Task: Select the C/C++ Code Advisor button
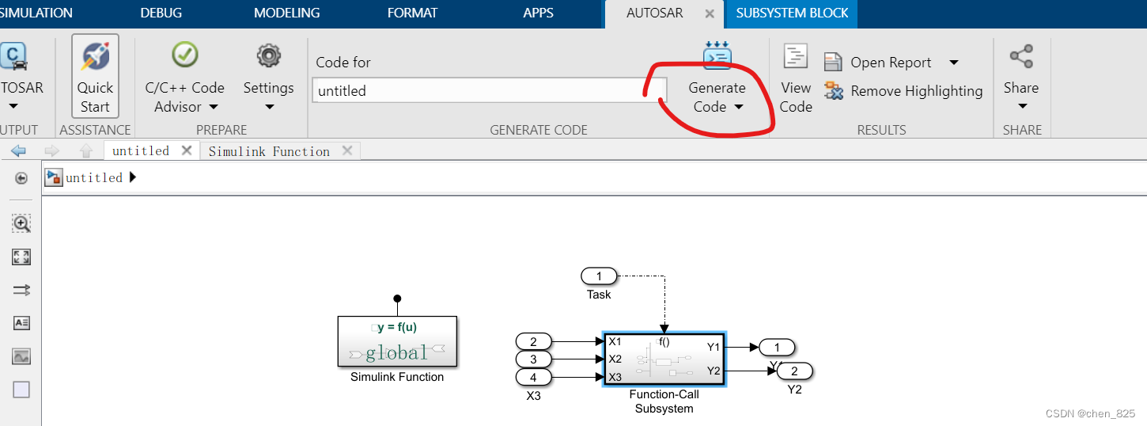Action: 184,79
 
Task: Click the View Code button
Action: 796,79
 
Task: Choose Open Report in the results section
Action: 890,63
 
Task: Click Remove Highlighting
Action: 915,91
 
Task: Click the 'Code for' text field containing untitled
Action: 489,91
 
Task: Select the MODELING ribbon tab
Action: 286,13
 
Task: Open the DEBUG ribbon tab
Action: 161,13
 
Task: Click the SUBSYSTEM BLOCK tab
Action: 792,13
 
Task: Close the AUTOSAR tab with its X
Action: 710,13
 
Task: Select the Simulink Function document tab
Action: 269,151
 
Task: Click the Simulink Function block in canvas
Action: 397,342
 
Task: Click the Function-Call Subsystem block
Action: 664,359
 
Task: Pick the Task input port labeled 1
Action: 599,276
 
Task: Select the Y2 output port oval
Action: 794,371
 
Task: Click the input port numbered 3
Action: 534,359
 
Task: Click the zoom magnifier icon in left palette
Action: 21,224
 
